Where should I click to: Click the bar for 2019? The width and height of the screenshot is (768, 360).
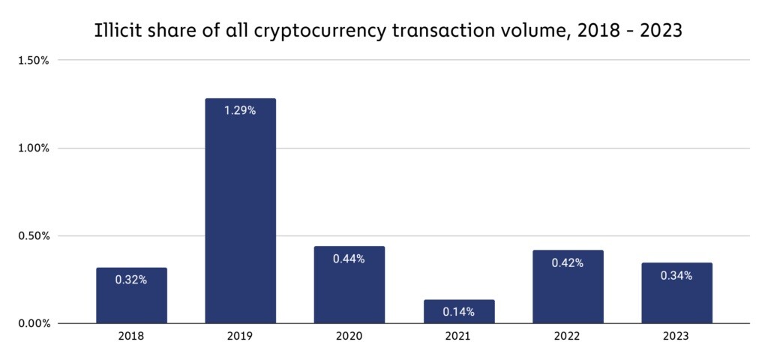241,211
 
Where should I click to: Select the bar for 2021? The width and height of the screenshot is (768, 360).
459,311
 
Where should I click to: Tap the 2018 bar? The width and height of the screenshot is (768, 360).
131,295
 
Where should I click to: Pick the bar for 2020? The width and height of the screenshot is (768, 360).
349,284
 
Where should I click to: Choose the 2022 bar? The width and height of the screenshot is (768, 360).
568,286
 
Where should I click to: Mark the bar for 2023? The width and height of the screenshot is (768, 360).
677,293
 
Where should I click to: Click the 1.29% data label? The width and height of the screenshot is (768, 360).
240,111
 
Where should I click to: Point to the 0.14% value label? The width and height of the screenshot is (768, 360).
458,312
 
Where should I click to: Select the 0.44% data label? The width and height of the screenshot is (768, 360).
349,259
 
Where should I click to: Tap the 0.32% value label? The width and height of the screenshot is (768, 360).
131,280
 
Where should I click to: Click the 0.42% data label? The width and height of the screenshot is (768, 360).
568,263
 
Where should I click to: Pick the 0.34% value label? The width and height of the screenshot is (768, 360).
676,276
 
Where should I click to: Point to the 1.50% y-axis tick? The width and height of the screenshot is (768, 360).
34,60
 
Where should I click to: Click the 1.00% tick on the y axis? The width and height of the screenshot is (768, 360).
34,148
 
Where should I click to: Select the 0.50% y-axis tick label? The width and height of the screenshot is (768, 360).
34,235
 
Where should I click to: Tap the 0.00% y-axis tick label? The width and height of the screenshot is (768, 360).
34,323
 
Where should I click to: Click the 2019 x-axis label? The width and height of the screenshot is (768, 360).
241,337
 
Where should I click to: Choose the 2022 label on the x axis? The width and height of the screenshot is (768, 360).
568,337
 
